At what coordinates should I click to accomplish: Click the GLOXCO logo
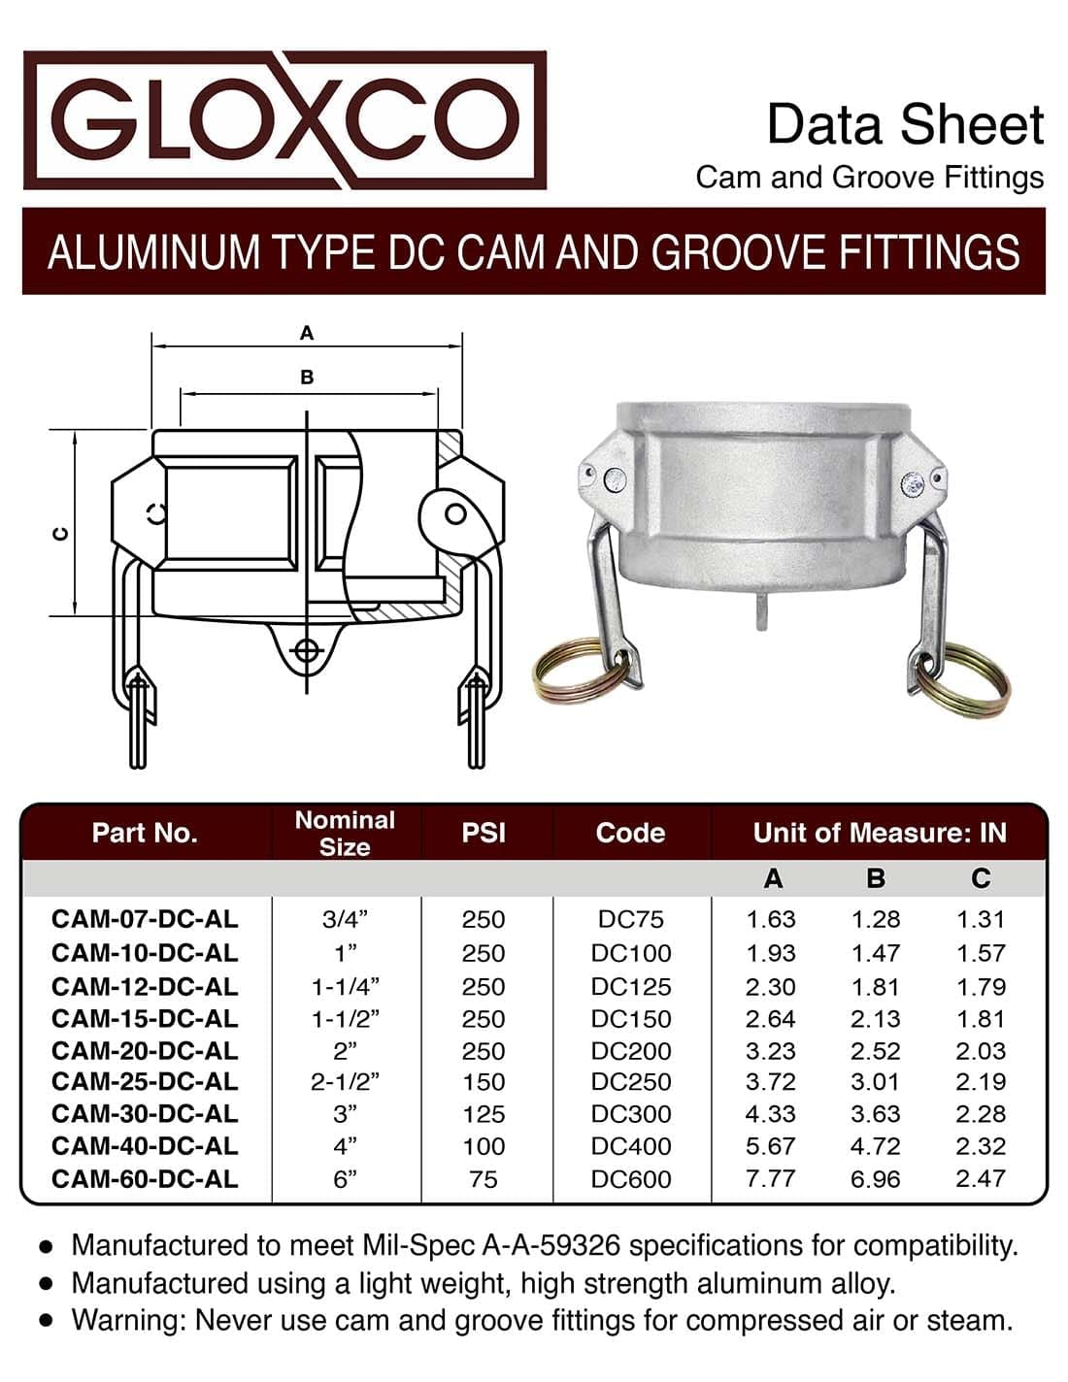click(284, 120)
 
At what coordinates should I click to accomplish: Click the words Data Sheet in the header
click(905, 124)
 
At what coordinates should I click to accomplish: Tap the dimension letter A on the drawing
click(307, 333)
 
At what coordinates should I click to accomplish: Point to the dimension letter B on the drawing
click(307, 377)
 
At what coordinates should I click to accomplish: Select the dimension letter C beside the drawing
click(60, 533)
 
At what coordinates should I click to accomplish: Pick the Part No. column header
click(145, 833)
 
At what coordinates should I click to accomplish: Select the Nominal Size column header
click(345, 833)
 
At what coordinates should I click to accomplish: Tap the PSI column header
click(484, 833)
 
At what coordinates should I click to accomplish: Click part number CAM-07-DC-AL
click(145, 919)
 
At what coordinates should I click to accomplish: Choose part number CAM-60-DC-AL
click(145, 1178)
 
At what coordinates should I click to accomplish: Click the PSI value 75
click(484, 1178)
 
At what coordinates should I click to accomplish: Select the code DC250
click(631, 1082)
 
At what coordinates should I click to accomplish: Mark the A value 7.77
click(771, 1178)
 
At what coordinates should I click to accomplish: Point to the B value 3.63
click(876, 1114)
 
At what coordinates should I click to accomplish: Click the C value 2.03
click(981, 1050)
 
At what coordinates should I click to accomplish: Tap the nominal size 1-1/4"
click(345, 986)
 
